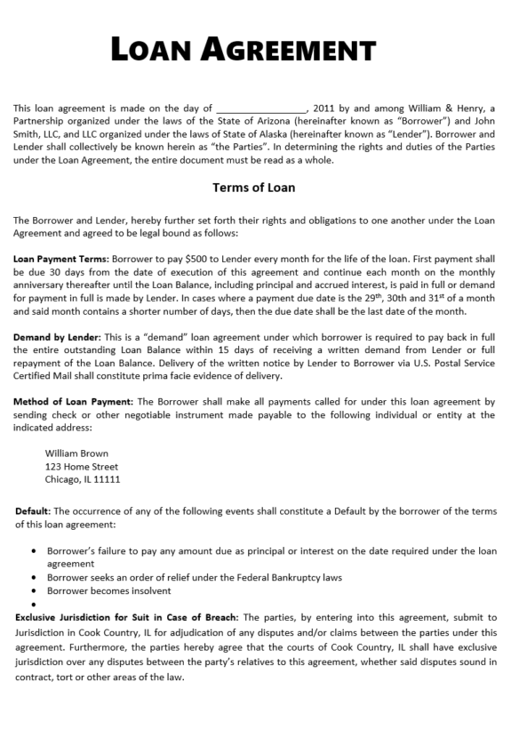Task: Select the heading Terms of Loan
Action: coord(254,188)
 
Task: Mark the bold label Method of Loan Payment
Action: coord(73,402)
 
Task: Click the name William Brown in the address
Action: coord(76,453)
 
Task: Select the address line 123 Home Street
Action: coord(81,466)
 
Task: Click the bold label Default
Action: coord(34,511)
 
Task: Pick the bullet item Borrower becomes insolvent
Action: coord(109,590)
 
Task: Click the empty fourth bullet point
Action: coord(34,604)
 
